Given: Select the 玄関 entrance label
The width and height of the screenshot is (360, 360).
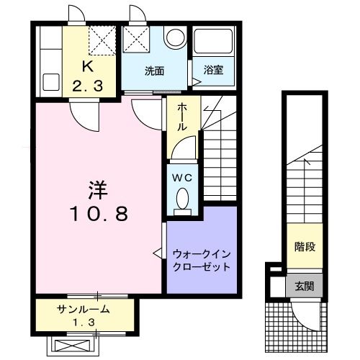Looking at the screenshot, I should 303,287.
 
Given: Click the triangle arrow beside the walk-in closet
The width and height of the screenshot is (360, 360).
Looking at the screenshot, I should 158,253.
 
